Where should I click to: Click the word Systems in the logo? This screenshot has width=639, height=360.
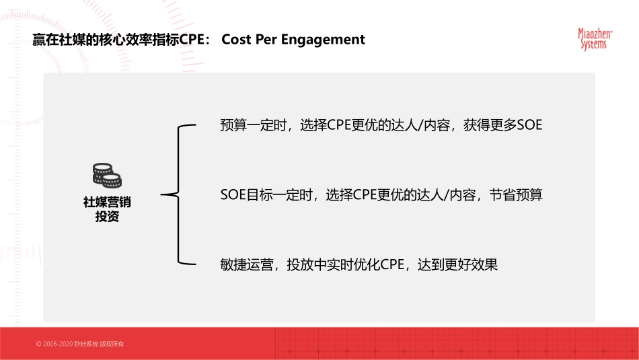[x=593, y=44]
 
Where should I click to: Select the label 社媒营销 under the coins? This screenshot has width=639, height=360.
[x=107, y=201]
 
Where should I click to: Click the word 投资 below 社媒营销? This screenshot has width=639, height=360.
[x=107, y=217]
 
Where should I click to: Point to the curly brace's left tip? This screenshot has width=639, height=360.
[x=163, y=196]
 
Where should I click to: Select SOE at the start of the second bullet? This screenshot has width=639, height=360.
[x=233, y=196]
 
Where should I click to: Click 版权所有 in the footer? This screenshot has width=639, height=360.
[x=112, y=344]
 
